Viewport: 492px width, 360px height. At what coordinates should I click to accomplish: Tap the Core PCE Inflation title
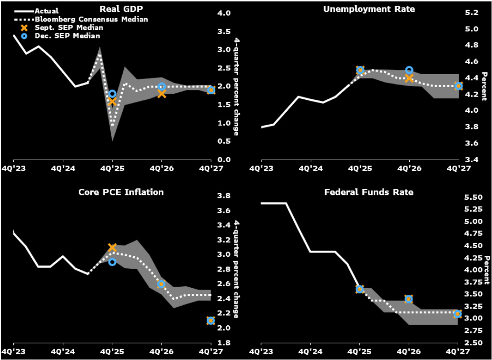coord(121,192)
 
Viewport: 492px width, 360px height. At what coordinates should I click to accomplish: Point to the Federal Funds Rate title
coord(368,192)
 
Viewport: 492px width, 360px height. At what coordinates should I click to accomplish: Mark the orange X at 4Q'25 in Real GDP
coord(112,101)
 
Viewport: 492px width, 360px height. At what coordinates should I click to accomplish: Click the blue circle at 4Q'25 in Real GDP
coord(112,94)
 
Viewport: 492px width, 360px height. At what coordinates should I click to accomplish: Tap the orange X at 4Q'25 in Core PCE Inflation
coord(112,247)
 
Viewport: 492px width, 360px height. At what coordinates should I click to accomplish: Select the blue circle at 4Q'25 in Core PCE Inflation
coord(112,262)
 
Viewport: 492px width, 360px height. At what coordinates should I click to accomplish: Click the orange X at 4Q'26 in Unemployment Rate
coord(409,78)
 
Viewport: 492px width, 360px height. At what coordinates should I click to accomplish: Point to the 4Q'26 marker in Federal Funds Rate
coord(409,299)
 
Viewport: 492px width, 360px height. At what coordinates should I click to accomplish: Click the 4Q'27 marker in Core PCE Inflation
coord(211,321)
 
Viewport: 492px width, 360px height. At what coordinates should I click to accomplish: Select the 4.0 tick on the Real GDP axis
coord(225,13)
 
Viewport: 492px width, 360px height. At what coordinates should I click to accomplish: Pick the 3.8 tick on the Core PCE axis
coord(225,196)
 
